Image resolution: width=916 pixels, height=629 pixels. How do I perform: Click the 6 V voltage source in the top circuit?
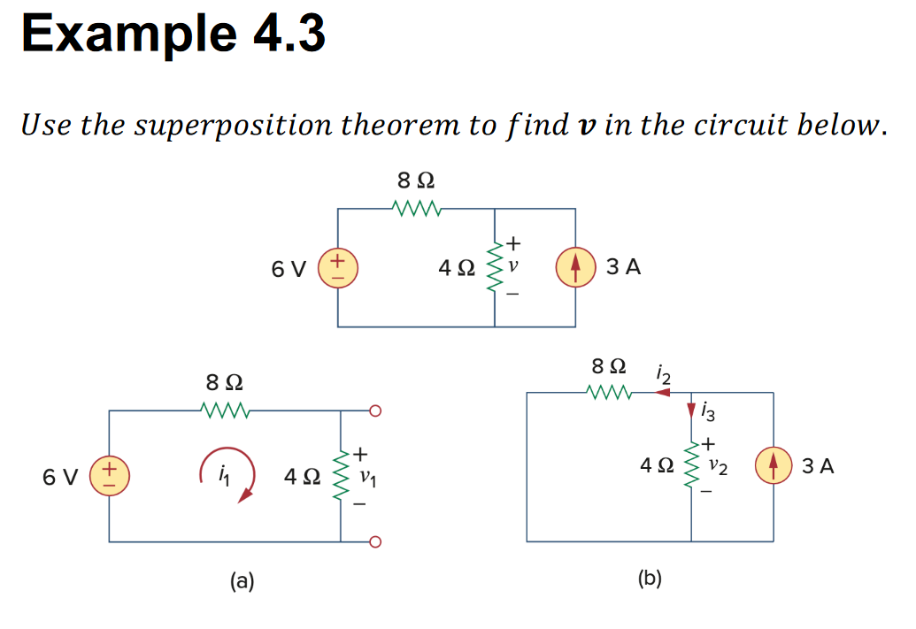[x=338, y=268]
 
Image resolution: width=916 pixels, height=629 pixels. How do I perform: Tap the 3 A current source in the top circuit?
[x=576, y=267]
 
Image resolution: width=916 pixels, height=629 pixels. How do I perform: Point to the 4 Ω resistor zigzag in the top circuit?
[x=495, y=267]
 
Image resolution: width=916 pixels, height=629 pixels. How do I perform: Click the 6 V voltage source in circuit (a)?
[x=110, y=477]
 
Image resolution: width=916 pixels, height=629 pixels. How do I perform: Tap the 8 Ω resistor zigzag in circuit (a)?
[x=227, y=410]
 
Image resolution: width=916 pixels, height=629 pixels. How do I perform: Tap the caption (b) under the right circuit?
[x=650, y=579]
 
